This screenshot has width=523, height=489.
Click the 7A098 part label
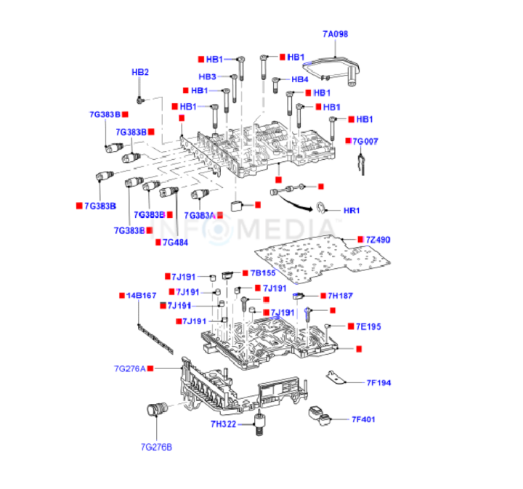point(335,33)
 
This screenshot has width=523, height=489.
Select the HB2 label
point(139,72)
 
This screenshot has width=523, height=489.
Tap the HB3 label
point(208,76)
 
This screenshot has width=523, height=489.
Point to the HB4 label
point(300,79)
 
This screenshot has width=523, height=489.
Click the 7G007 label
point(365,141)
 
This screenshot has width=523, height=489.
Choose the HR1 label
point(352,211)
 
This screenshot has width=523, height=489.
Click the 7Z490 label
point(378,239)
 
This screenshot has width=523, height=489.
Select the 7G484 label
point(175,242)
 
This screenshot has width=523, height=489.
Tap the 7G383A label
point(200,216)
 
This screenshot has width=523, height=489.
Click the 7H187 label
point(340,296)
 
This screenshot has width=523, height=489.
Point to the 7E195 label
point(367,326)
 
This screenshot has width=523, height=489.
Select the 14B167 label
point(142,296)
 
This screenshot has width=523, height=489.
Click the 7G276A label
point(130,369)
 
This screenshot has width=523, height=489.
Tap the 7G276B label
point(156,446)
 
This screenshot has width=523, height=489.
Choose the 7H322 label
point(224,424)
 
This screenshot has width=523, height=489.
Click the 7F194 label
point(378,382)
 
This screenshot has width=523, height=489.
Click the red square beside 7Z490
point(359,239)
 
